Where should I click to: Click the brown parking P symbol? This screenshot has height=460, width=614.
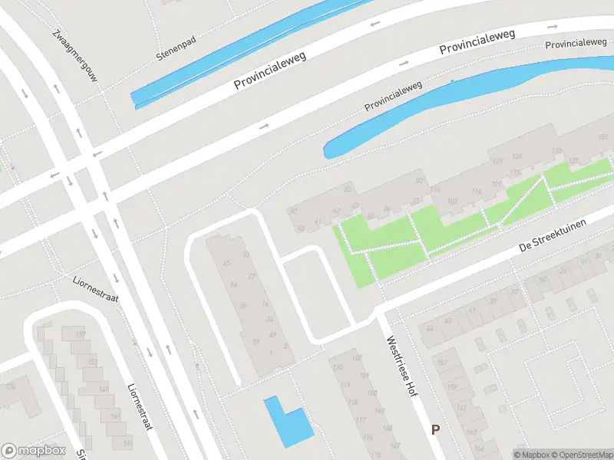pyautogui.click(x=436, y=430)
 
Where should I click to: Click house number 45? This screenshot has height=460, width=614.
pyautogui.click(x=226, y=264)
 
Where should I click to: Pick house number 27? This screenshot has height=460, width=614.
pyautogui.click(x=251, y=276)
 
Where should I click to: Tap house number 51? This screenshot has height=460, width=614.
pyautogui.click(x=256, y=342)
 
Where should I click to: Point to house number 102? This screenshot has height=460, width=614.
pyautogui.click(x=355, y=358)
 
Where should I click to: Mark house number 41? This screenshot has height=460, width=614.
pyautogui.click(x=473, y=309)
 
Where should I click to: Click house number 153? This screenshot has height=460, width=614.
pyautogui.click(x=93, y=361)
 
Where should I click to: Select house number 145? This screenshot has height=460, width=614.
pyautogui.click(x=116, y=416)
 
